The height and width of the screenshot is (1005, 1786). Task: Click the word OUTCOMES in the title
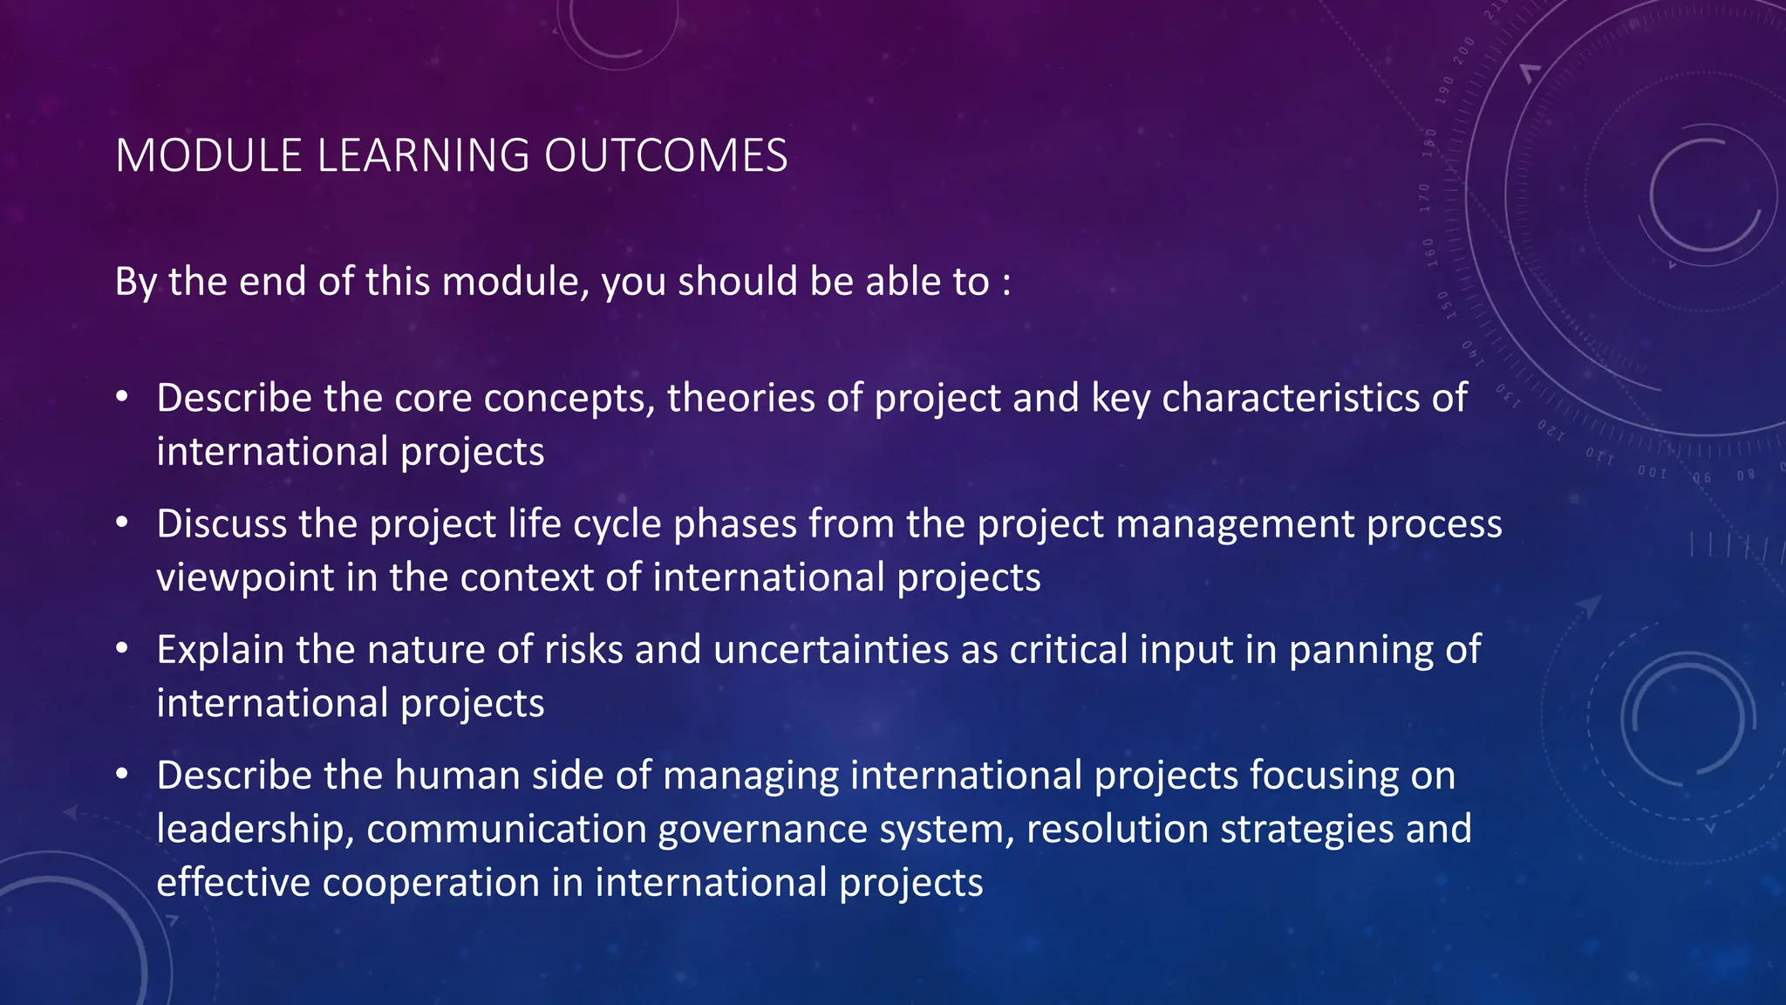(665, 156)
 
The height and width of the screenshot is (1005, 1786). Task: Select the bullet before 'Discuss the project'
(122, 523)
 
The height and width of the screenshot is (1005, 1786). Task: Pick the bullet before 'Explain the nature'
(122, 649)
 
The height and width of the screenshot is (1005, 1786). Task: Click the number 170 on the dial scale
(1425, 198)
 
